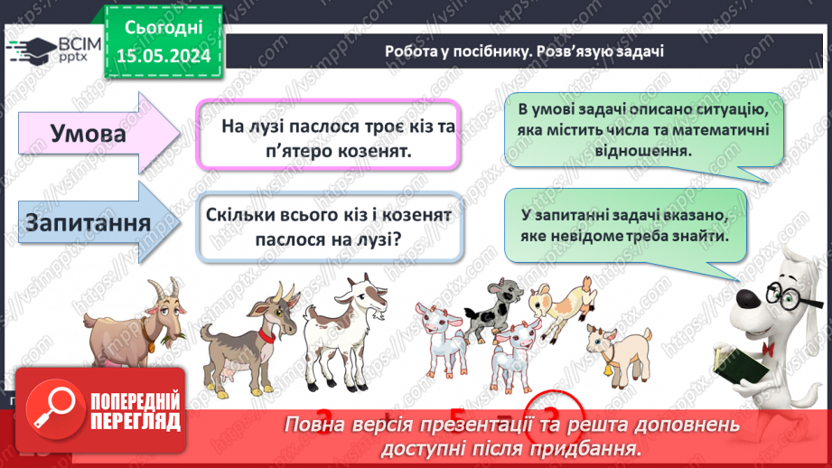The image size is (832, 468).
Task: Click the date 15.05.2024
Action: pyautogui.click(x=164, y=56)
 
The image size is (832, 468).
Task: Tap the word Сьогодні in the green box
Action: pyautogui.click(x=164, y=30)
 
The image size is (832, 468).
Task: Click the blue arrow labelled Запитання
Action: pyautogui.click(x=90, y=222)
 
